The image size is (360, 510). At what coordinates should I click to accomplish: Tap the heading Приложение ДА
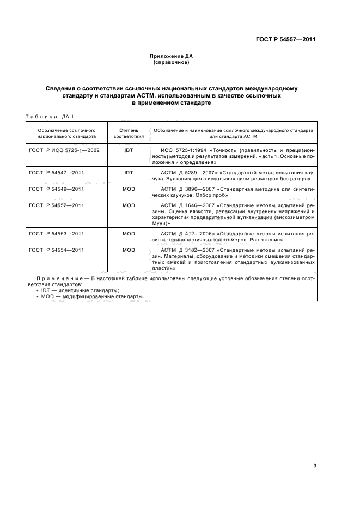(172, 57)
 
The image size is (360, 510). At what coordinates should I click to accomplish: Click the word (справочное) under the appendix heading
(172, 63)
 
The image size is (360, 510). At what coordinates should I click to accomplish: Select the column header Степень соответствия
(129, 134)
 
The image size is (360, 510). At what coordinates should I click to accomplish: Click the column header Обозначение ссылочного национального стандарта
(67, 134)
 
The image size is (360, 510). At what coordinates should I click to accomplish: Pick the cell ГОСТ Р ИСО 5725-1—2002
(64, 150)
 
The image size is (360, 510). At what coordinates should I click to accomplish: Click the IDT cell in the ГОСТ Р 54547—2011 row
(129, 172)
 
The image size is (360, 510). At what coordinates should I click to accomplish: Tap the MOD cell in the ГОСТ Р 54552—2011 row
(129, 205)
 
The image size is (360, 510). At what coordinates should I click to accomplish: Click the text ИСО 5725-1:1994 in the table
(181, 150)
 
